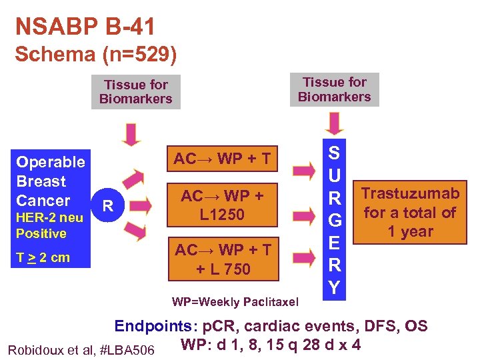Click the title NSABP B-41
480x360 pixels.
[x=85, y=27]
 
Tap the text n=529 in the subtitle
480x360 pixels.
[x=133, y=54]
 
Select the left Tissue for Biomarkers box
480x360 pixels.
[x=135, y=92]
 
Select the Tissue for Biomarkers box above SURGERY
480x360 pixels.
[x=334, y=89]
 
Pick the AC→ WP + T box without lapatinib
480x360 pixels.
[x=222, y=159]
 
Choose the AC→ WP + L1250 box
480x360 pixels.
[x=222, y=205]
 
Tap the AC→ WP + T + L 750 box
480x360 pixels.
[x=222, y=259]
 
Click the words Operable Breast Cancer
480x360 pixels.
[x=50, y=181]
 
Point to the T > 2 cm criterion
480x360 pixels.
[x=43, y=258]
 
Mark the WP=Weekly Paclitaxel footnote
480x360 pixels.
[x=235, y=302]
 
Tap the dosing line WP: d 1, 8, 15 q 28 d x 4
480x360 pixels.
[x=271, y=345]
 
